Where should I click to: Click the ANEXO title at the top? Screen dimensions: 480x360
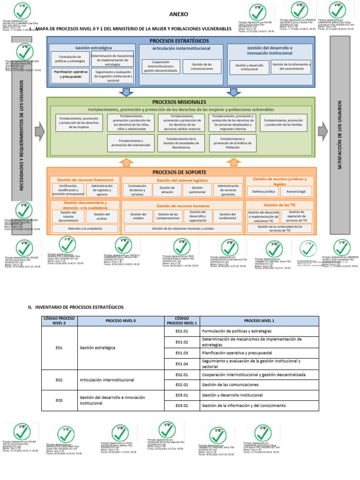pyautogui.click(x=179, y=14)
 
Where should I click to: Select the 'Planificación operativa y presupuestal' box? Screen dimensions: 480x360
pyautogui.click(x=71, y=75)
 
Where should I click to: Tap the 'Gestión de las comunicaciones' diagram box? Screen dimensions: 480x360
pyautogui.click(x=202, y=66)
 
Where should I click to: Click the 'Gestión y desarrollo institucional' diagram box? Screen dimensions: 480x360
pyautogui.click(x=249, y=67)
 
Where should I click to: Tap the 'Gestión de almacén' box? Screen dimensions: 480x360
pyautogui.click(x=166, y=190)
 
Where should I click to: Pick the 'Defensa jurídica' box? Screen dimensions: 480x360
pyautogui.click(x=263, y=192)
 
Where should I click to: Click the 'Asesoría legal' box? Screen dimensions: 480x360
pyautogui.click(x=296, y=192)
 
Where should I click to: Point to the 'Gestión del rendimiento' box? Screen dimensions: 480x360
pyautogui.click(x=228, y=216)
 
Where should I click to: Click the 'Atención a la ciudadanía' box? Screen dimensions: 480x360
pyautogui.click(x=85, y=229)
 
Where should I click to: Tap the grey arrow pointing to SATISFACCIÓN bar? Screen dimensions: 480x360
pyautogui.click(x=322, y=133)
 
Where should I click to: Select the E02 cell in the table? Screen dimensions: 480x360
pyautogui.click(x=59, y=379)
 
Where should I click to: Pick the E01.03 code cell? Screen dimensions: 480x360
pyautogui.click(x=181, y=352)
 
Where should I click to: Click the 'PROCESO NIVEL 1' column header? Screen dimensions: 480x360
pyautogui.click(x=259, y=321)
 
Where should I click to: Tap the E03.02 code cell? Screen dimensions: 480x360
pyautogui.click(x=181, y=405)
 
